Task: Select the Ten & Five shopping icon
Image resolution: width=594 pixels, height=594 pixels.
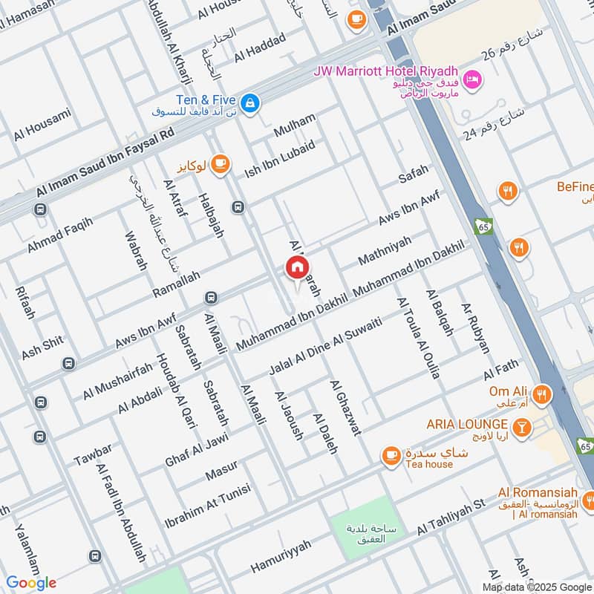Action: [x=251, y=101]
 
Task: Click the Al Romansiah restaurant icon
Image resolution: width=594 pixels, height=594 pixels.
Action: [x=587, y=498]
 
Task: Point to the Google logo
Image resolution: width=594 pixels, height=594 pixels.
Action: [x=31, y=583]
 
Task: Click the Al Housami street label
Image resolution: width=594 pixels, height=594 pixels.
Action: [x=42, y=125]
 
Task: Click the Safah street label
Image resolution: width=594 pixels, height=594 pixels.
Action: [x=414, y=175]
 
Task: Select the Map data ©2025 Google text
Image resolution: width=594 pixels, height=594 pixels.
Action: [x=536, y=586]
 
